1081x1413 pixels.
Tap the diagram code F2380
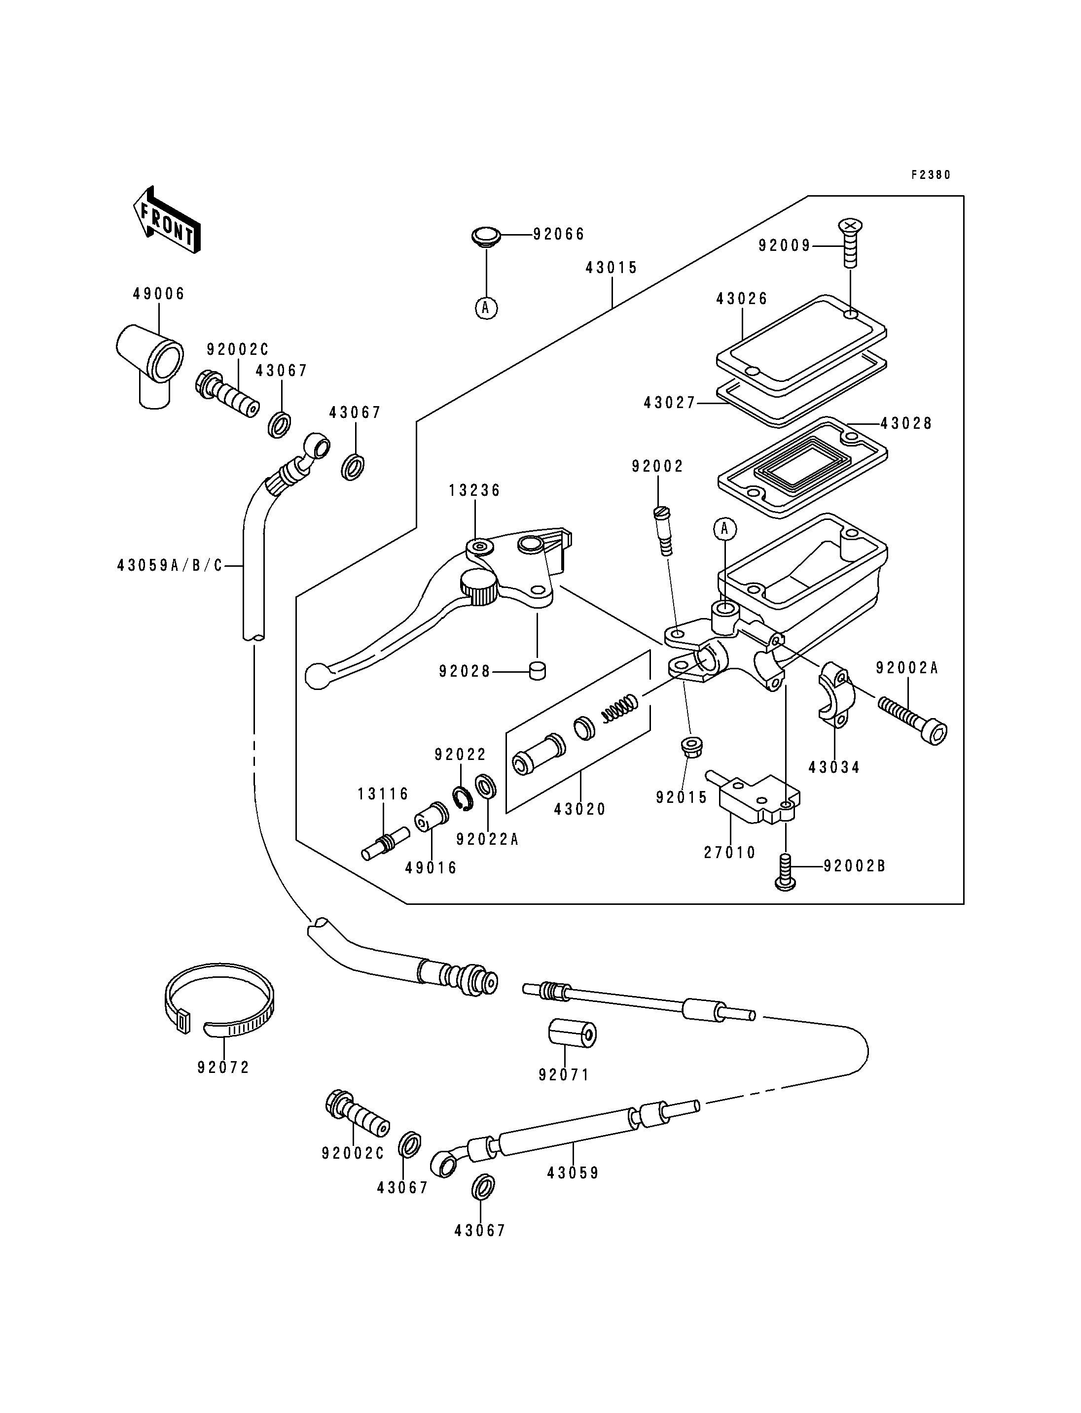pos(931,175)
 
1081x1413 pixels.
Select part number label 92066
pos(559,234)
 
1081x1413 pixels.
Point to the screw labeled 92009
pos(850,243)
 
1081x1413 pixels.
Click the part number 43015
pos(612,268)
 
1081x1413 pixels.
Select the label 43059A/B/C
pos(170,566)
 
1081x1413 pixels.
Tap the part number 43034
pos(834,767)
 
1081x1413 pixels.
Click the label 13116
pos(384,794)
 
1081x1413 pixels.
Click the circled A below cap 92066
pos(486,308)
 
